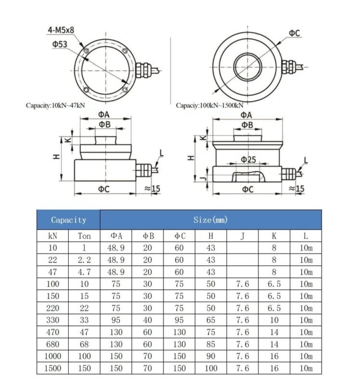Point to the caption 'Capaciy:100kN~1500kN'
coord(209,105)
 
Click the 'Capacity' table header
coord(68,220)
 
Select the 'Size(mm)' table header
coord(210,220)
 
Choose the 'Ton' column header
coord(84,236)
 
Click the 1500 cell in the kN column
coord(53,368)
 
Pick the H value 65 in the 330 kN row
coord(211,320)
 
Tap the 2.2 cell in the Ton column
coord(84,260)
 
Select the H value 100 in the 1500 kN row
coord(211,368)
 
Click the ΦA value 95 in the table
coord(116,320)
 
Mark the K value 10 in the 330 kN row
coord(274,320)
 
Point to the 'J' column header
coord(243,236)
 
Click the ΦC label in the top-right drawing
coord(295,33)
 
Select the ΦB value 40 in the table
coord(147,320)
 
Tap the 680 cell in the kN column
coord(53,344)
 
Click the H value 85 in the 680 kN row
coord(211,344)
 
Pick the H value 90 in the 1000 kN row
coord(211,356)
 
